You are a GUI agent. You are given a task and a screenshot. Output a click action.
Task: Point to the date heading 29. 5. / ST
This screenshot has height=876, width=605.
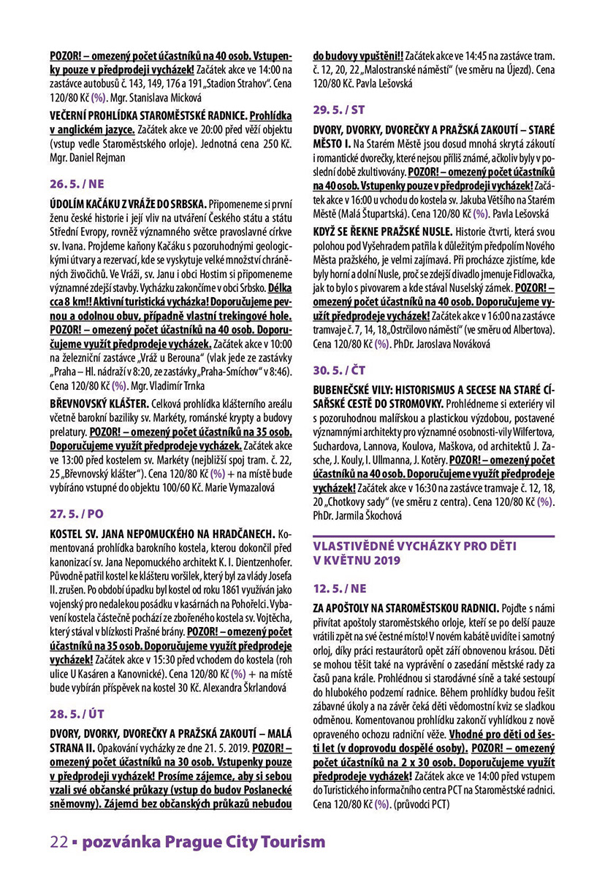[x=339, y=109]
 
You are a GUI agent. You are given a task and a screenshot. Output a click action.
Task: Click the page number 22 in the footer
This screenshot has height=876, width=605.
[x=58, y=842]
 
